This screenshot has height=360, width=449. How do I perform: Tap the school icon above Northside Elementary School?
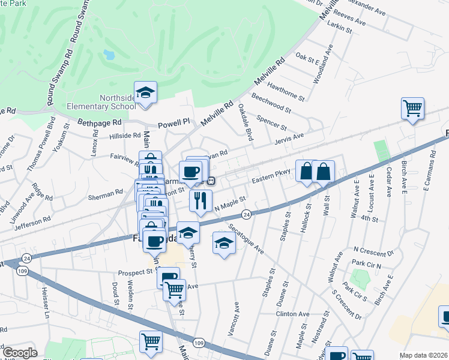pyautogui.click(x=145, y=92)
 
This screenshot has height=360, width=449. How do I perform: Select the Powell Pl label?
pyautogui.click(x=173, y=124)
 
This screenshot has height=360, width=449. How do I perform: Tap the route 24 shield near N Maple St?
pyautogui.click(x=246, y=214)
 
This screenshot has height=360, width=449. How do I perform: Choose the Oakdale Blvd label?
pyautogui.click(x=246, y=122)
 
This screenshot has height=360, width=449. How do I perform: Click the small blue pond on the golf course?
pyautogui.click(x=109, y=55)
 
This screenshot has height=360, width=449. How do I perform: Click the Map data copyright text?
pyautogui.click(x=423, y=355)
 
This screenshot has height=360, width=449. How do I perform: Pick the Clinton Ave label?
pyautogui.click(x=292, y=314)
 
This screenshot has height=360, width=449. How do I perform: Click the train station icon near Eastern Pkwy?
pyautogui.click(x=211, y=181)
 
